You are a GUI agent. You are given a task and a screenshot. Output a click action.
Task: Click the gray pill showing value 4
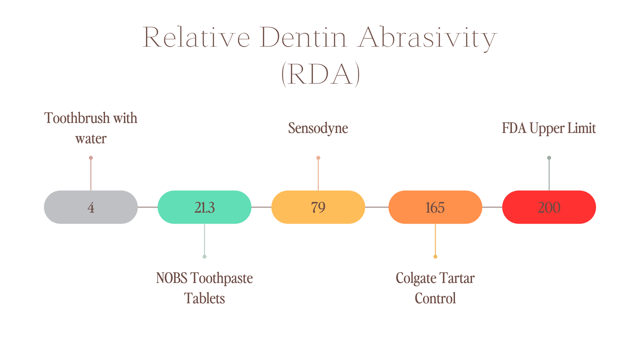tap(91, 207)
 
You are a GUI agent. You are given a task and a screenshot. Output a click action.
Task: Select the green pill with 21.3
tap(204, 207)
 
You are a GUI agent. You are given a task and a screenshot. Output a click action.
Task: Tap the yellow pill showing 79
tap(318, 207)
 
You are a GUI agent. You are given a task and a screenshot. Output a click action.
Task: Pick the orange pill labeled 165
tap(435, 207)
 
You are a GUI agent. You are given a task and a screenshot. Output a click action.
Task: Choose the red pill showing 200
tap(549, 207)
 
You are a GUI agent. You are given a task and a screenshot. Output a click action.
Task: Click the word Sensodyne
tap(318, 129)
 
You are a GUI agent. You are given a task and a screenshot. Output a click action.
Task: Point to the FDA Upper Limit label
tap(549, 129)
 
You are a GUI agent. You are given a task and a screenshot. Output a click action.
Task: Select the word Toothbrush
tap(77, 118)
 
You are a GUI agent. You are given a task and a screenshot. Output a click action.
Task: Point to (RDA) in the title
tap(320, 74)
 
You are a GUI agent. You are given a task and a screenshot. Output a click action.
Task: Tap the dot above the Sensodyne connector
tap(318, 158)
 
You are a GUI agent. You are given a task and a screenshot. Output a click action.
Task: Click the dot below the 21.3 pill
tap(205, 257)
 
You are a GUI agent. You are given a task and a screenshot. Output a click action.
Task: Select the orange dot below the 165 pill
tap(435, 257)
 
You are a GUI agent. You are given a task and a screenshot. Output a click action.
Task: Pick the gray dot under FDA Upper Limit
tap(549, 158)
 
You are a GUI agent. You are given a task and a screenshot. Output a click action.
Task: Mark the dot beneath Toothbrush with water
tap(91, 158)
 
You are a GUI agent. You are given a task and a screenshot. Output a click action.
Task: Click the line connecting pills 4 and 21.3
tap(148, 207)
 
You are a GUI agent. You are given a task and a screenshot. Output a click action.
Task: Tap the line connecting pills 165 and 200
tap(492, 207)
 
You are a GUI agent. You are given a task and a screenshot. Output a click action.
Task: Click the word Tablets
tap(204, 298)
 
